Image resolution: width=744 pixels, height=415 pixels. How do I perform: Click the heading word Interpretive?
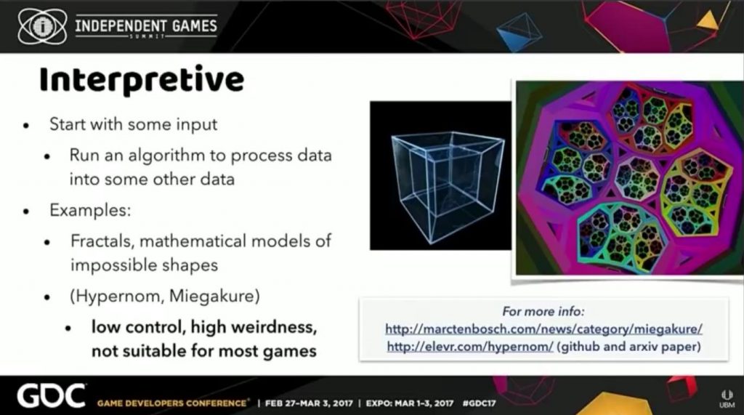(x=142, y=79)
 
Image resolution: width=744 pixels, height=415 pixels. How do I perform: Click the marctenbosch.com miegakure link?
(x=543, y=329)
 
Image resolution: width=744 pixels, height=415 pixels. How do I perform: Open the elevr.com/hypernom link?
(x=470, y=347)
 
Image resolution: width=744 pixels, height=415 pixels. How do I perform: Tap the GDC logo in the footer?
(x=52, y=397)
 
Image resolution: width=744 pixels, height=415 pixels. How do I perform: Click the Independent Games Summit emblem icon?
(x=42, y=27)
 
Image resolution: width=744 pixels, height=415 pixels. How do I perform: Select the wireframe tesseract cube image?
(x=441, y=175)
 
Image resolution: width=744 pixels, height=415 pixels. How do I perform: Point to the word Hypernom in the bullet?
(x=119, y=297)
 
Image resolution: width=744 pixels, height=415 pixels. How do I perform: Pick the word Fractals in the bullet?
(x=103, y=241)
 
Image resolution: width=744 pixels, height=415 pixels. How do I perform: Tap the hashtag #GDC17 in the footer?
(x=480, y=403)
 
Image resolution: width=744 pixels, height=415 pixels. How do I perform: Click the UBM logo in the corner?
(x=727, y=399)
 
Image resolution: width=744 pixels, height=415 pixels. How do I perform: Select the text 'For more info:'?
(x=543, y=312)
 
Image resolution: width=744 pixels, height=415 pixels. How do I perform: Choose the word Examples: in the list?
(x=90, y=210)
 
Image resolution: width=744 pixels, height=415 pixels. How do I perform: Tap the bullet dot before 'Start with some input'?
(x=26, y=126)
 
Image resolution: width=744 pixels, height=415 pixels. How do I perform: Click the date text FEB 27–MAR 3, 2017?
(x=309, y=403)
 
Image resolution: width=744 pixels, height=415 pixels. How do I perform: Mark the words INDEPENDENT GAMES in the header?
(x=146, y=25)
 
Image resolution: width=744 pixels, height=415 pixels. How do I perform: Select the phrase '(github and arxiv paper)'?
(x=629, y=347)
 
